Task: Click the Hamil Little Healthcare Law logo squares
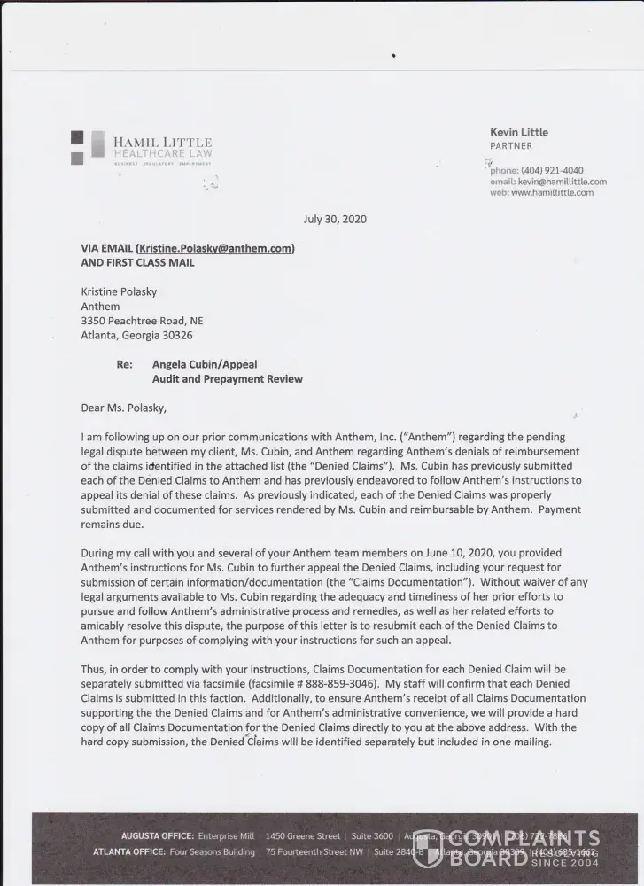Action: pos(77,147)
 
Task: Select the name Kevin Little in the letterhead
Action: pos(518,132)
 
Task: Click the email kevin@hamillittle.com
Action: pos(562,182)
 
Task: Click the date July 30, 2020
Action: pos(335,219)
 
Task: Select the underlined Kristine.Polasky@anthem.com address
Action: pos(215,249)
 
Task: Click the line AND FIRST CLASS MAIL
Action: pos(137,262)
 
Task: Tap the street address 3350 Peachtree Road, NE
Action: pos(142,321)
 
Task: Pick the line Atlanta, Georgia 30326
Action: pos(136,335)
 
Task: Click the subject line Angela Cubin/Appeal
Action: pos(205,364)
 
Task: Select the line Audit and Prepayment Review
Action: pos(227,379)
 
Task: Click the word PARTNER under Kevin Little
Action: pos(511,145)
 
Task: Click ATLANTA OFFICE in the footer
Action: pos(128,851)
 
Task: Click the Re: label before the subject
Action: pos(124,364)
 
